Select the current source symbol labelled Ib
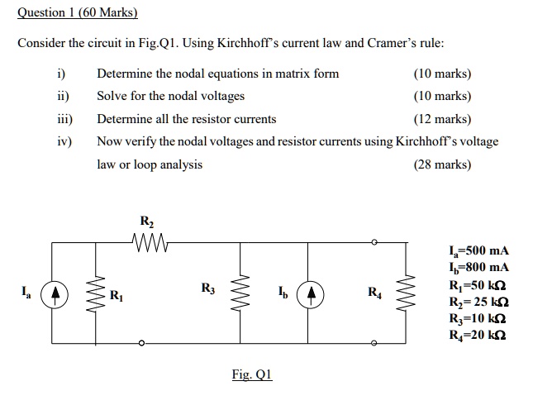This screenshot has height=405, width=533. pos(311,293)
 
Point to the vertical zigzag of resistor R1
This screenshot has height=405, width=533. pos(100,293)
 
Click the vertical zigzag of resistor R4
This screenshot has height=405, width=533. pos(404,293)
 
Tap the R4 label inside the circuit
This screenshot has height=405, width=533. pos(374,291)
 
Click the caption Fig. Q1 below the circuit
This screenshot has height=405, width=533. pos(251,374)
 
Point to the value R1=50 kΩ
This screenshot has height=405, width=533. pos(476,284)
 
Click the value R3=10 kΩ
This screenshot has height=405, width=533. pos(476,317)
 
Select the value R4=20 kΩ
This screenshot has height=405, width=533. pos(476,334)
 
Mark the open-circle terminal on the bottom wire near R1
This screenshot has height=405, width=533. pos(140,343)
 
